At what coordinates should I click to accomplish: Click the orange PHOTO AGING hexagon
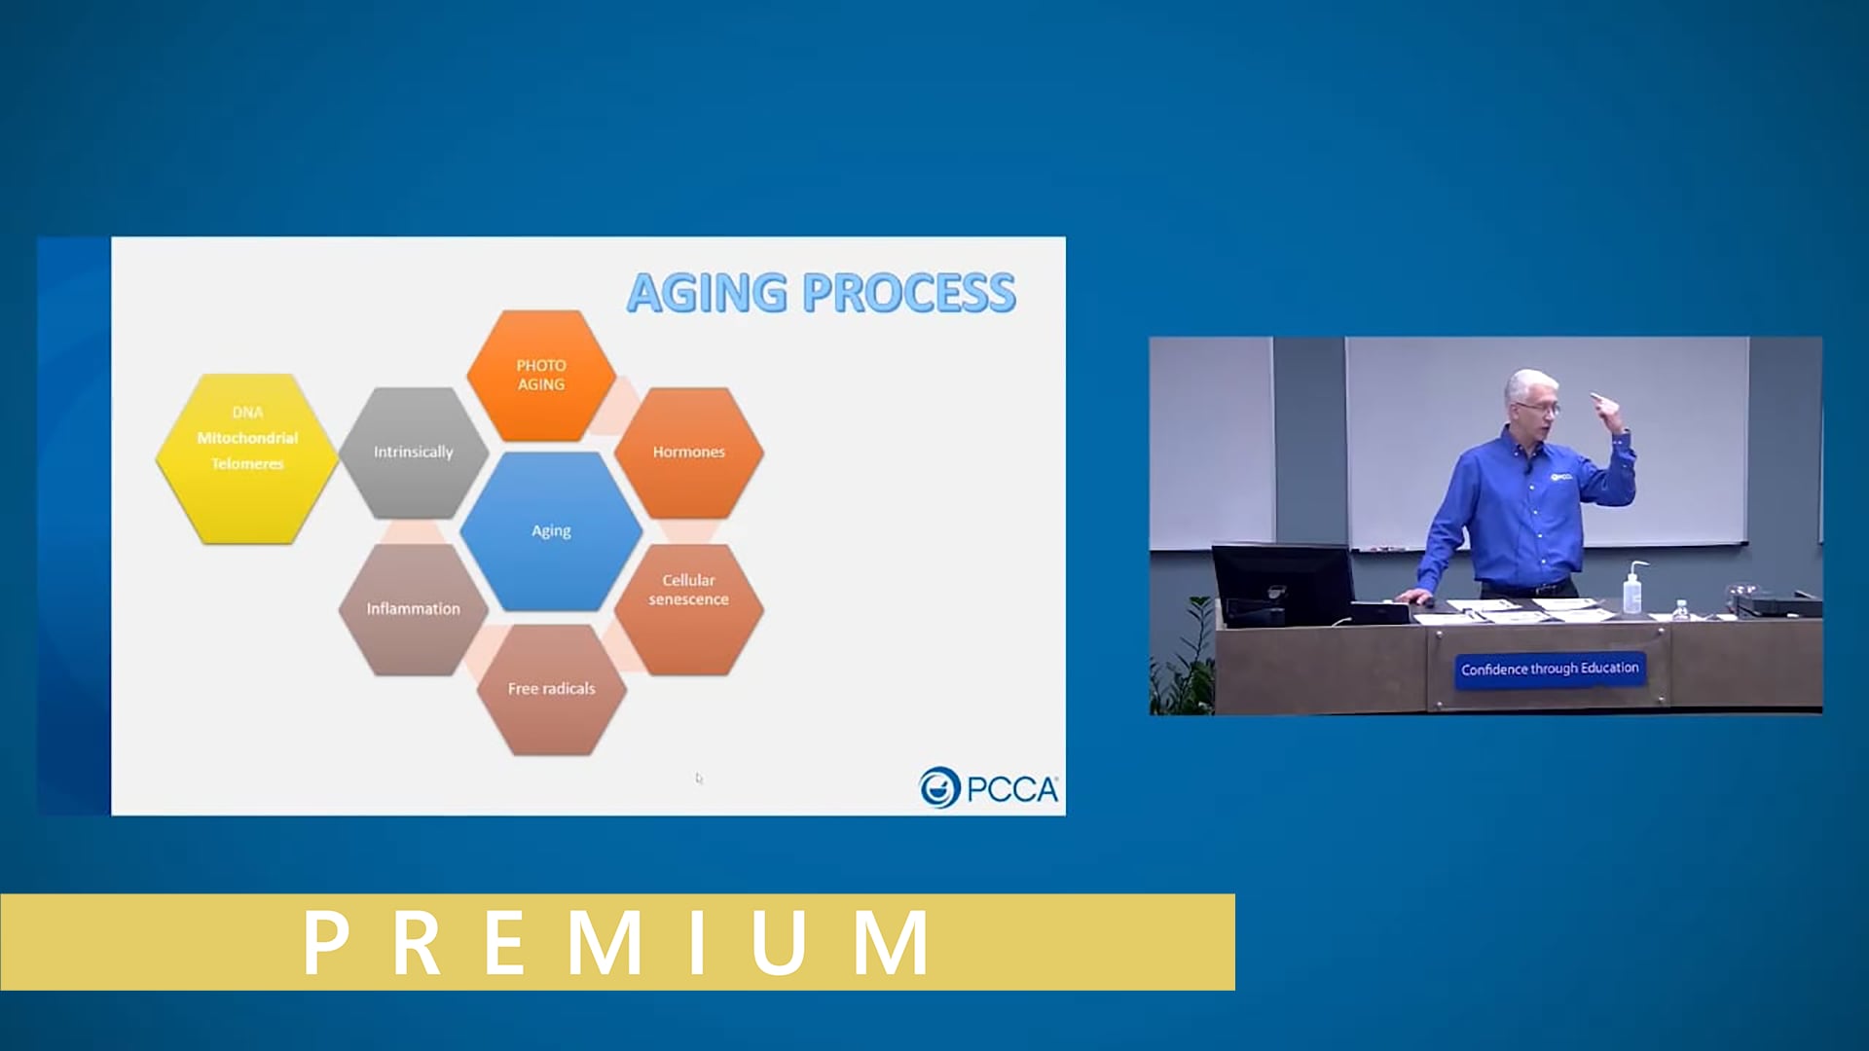(x=541, y=376)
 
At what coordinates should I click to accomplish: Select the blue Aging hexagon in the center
(x=551, y=531)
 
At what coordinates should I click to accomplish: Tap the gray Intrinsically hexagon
(x=414, y=453)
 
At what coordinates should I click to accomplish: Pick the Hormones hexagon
(x=689, y=453)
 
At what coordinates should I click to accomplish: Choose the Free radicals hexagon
(x=552, y=689)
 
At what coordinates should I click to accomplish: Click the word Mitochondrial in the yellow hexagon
(x=247, y=438)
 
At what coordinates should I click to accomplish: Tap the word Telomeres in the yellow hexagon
(x=247, y=464)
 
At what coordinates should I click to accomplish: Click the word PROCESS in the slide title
(x=909, y=293)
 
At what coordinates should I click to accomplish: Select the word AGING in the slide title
(x=708, y=293)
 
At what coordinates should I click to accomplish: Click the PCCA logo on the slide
(x=988, y=787)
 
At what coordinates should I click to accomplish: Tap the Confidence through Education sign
(x=1550, y=670)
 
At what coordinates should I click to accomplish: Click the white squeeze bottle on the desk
(x=1632, y=588)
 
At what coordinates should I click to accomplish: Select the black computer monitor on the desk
(x=1282, y=585)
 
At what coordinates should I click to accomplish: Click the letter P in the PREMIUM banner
(x=326, y=942)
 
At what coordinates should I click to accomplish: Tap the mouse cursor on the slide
(x=699, y=778)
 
